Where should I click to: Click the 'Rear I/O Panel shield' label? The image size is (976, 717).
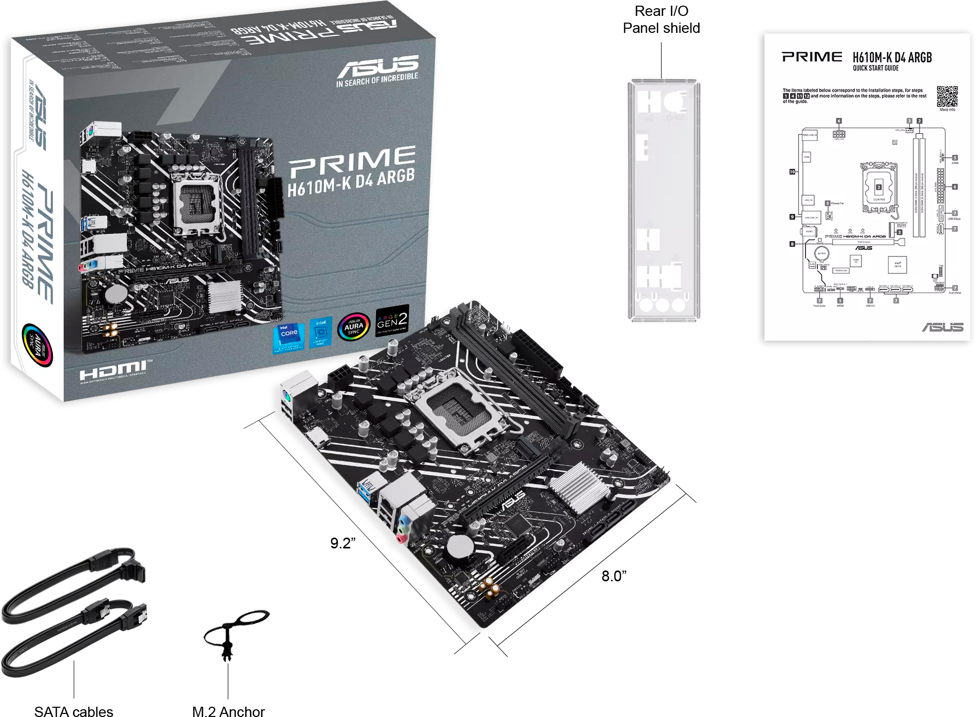point(661,20)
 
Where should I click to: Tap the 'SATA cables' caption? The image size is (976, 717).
point(73,711)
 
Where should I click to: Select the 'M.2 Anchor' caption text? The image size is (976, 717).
point(228,711)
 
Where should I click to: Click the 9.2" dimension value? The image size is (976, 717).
point(343,543)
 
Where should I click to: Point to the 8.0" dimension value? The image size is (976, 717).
point(614,576)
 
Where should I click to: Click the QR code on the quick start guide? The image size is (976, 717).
point(947,96)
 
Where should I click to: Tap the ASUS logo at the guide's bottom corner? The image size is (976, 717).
point(942,327)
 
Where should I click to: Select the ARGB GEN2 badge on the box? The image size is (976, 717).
point(392,322)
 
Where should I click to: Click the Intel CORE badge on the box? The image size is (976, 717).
point(288,337)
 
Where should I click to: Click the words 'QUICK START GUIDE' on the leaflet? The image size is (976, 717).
point(875,68)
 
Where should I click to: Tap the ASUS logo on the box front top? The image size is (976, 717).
point(378,67)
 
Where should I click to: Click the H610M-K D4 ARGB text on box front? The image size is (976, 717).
point(351,182)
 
